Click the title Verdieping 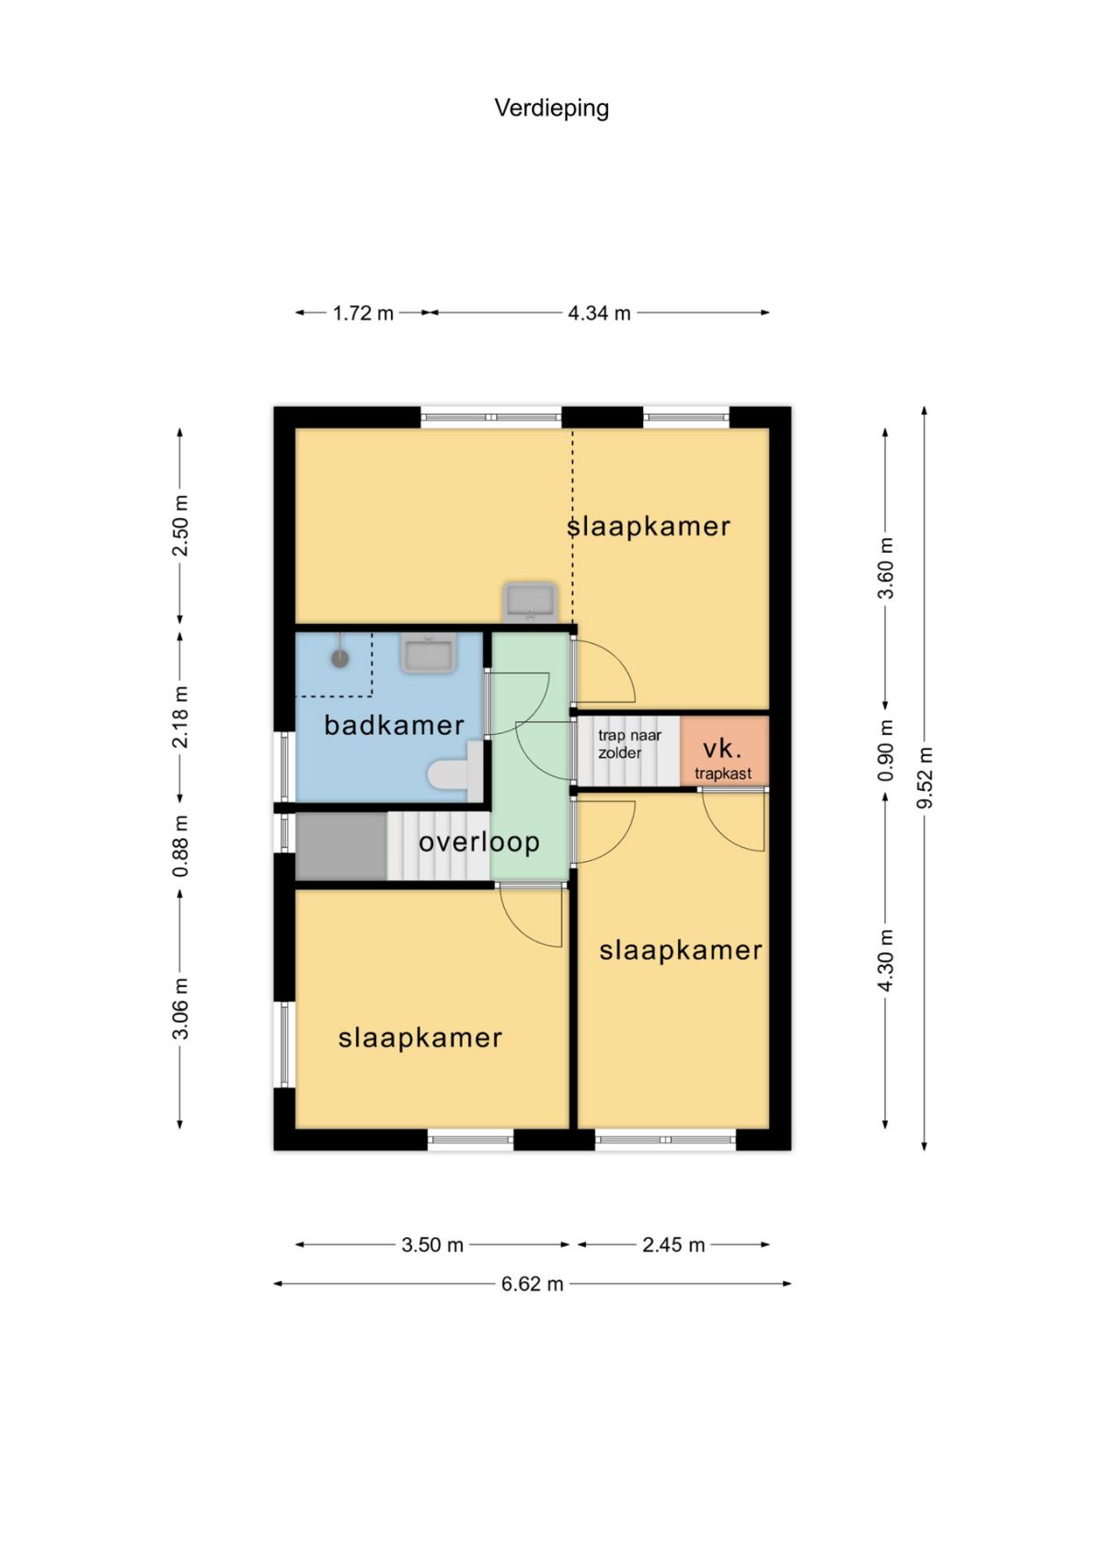(551, 109)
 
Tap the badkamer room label (394, 726)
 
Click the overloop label (478, 842)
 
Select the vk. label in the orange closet (722, 749)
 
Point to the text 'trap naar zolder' (629, 743)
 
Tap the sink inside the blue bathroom (428, 652)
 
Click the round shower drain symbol (340, 658)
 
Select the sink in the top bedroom (530, 603)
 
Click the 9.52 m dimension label (925, 777)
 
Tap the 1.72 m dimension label (362, 314)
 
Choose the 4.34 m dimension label (599, 314)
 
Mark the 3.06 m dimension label (180, 1008)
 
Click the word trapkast (723, 774)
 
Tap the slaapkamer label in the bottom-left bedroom (420, 1039)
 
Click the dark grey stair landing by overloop (340, 846)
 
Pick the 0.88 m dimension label (180, 846)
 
